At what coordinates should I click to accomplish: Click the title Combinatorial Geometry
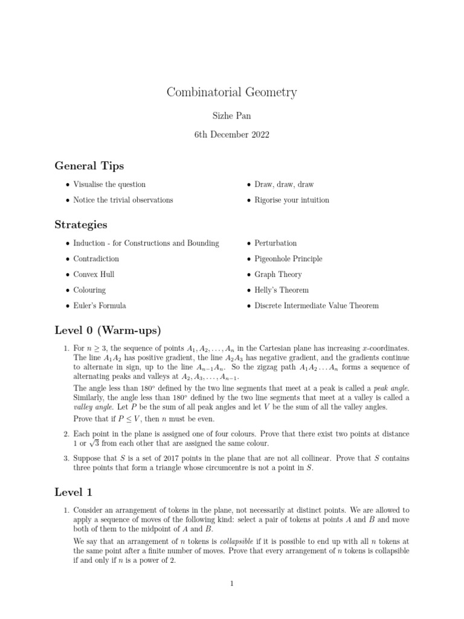[x=231, y=92]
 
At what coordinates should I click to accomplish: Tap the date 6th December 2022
[x=231, y=135]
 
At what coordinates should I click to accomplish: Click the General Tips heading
[x=89, y=166]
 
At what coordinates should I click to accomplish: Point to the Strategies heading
[x=81, y=224]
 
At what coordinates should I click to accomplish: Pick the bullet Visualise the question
[x=109, y=184]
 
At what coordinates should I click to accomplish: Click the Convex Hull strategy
[x=94, y=274]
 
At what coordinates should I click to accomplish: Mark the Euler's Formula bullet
[x=100, y=306]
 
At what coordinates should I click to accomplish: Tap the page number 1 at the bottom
[x=231, y=583]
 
